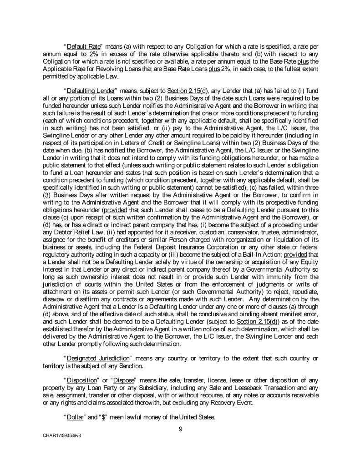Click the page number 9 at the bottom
click(x=180, y=427)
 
